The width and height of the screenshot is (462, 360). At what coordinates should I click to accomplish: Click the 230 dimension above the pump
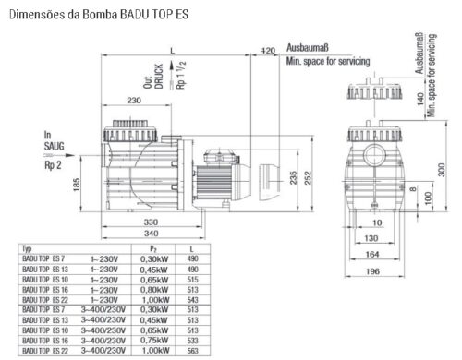(x=134, y=101)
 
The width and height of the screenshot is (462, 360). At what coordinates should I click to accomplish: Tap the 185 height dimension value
(x=77, y=185)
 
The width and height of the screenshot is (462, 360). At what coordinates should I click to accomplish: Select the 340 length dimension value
(x=152, y=234)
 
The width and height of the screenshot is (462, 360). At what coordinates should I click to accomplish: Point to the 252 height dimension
(x=308, y=178)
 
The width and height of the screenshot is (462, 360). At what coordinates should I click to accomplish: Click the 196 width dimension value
(x=372, y=271)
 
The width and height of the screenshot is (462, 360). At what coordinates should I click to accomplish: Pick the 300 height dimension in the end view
(x=442, y=170)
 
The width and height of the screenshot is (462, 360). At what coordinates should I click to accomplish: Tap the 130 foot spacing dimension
(x=371, y=238)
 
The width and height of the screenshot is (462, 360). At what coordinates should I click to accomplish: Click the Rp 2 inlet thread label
(x=53, y=165)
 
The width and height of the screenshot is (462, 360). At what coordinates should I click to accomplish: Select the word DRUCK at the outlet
(x=159, y=77)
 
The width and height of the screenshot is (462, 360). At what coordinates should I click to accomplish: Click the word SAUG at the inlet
(x=55, y=146)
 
